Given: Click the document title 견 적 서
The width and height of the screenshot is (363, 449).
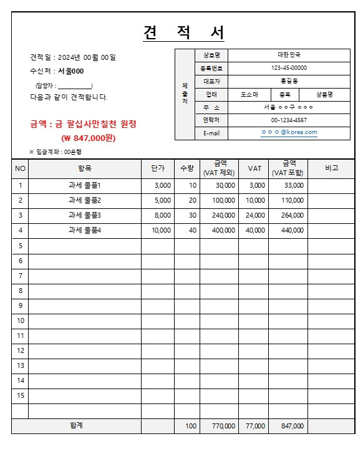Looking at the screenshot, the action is [x=184, y=32].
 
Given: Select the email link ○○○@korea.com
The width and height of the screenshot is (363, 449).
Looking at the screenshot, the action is [x=289, y=132].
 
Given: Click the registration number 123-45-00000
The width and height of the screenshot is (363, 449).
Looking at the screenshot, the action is [x=289, y=68].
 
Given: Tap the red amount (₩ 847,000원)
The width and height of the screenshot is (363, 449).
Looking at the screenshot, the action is [x=88, y=138].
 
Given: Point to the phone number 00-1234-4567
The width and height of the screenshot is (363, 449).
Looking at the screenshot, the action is [x=289, y=120].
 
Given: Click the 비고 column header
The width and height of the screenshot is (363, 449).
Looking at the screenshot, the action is [x=331, y=168].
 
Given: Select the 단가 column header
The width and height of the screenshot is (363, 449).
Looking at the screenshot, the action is [x=157, y=168].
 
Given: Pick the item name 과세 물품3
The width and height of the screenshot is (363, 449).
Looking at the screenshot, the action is [x=84, y=215].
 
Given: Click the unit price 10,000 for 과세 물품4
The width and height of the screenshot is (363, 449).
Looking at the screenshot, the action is [x=161, y=230].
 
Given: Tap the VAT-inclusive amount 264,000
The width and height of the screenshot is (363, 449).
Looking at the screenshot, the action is [x=293, y=215].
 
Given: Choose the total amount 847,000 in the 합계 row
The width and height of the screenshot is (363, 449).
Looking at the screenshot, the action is [x=293, y=427].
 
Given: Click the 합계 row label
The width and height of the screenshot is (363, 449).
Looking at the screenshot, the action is [x=76, y=426].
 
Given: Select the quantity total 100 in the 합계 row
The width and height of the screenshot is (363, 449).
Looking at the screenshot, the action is [x=190, y=427].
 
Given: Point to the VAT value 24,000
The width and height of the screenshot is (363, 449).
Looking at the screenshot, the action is [x=256, y=215].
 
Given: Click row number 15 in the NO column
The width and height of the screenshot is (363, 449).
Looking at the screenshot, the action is [x=20, y=395].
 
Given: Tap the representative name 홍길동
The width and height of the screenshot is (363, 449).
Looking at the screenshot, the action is [x=289, y=81].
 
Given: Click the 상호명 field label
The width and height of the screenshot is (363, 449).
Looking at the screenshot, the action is [x=207, y=55].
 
